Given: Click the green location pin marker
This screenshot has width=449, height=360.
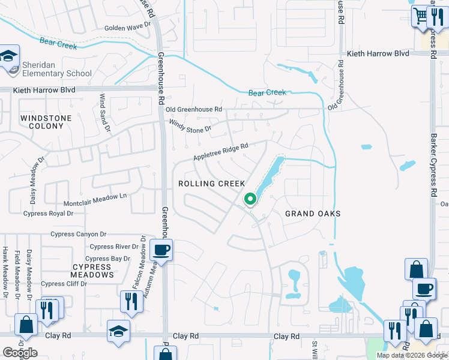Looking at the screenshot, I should [250, 198].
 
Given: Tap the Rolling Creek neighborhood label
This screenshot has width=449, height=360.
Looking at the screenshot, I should [212, 184].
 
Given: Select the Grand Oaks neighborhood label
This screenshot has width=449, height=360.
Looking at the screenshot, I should [313, 214].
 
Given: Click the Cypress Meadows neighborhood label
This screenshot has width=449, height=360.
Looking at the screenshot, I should [93, 271].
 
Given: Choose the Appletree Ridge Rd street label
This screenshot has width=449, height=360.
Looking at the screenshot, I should [220, 152].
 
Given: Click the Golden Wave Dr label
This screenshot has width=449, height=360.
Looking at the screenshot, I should [127, 28].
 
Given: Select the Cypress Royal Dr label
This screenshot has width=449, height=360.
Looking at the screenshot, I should [48, 213].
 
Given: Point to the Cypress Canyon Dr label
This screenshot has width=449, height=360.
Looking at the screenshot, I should [79, 234].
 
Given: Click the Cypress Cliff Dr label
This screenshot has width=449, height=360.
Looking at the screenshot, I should [65, 284].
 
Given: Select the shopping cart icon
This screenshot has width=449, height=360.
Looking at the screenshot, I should [421, 16].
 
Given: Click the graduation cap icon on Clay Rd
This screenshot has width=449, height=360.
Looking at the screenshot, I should [118, 331].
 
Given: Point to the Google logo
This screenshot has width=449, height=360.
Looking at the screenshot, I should [20, 353].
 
